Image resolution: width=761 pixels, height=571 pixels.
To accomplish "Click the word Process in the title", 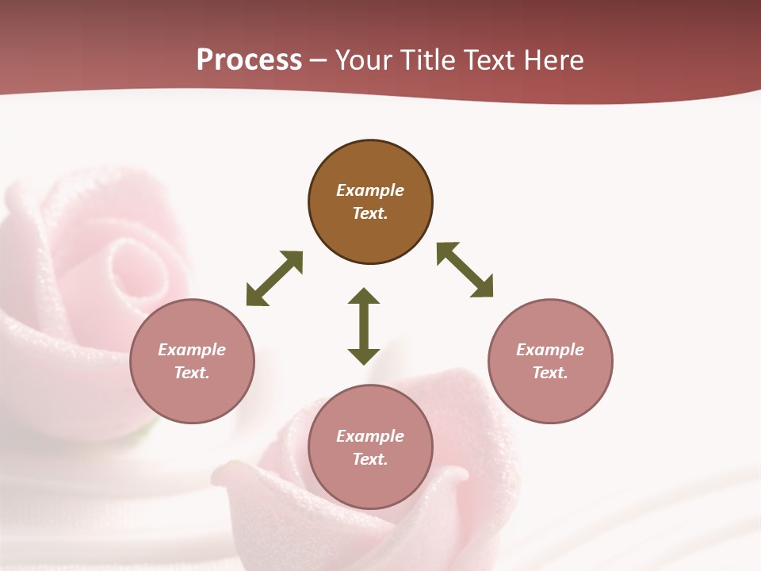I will (249, 60).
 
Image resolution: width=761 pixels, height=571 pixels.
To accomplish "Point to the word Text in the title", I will (488, 60).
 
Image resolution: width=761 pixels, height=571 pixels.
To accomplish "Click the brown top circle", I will (370, 202).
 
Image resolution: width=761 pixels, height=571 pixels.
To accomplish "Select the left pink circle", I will (192, 361).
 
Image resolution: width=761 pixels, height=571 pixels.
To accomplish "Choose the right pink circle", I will (550, 361).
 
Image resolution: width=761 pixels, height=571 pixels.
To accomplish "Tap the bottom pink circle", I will (370, 447).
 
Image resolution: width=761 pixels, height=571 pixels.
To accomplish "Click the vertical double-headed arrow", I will (364, 326).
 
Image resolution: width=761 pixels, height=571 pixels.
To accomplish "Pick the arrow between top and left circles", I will (274, 278).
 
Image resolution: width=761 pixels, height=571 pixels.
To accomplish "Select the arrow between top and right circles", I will (465, 270).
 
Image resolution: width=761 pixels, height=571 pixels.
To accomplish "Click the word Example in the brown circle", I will (370, 190).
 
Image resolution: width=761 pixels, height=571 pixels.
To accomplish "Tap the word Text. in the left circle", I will (192, 373).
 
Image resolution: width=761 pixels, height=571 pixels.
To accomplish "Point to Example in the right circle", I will (550, 350).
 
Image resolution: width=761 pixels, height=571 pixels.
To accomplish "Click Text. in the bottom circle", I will (370, 459).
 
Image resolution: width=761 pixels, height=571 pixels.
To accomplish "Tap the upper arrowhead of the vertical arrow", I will (364, 296).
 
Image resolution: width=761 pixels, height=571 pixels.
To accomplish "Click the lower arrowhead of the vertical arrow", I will (364, 356).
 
